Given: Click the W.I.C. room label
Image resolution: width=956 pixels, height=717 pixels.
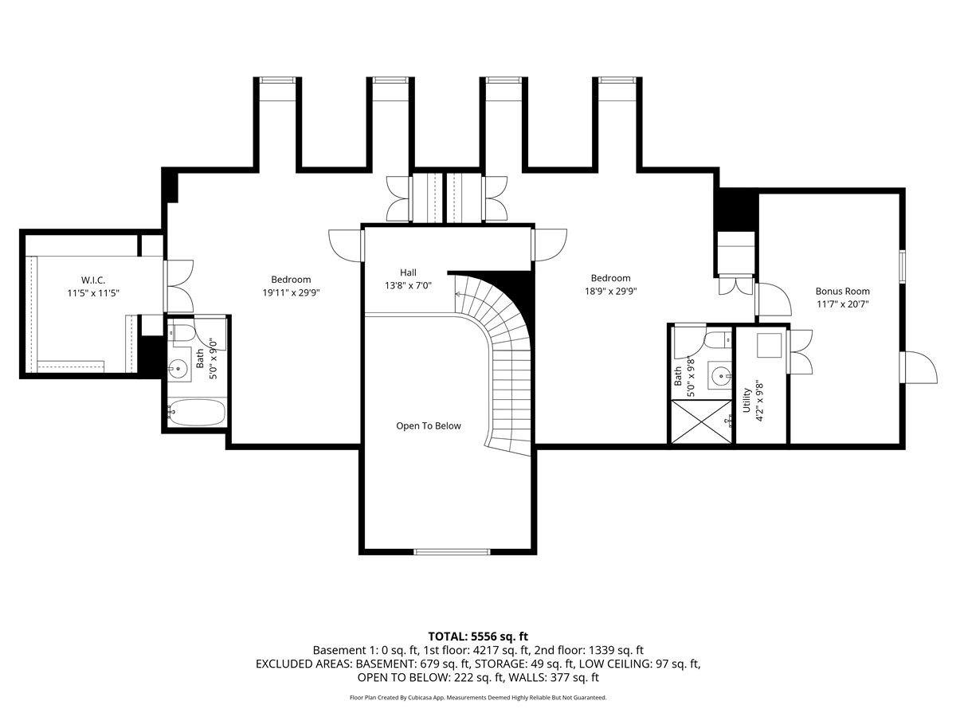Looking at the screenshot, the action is [92, 280].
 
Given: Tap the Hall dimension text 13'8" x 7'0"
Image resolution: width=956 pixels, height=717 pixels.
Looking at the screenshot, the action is [408, 286].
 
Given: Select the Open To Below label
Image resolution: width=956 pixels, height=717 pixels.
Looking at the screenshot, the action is [428, 425].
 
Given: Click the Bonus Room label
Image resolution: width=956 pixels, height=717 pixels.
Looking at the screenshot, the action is [842, 292].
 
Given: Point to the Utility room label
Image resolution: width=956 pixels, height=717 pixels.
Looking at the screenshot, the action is [746, 400].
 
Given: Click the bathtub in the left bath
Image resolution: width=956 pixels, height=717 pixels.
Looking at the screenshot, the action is [198, 412].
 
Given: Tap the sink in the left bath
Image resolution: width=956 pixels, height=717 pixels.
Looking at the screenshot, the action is [178, 369].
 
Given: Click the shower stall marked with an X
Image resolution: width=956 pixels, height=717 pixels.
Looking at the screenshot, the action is [701, 422].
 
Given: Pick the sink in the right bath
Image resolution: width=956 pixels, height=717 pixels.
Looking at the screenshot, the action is [720, 374].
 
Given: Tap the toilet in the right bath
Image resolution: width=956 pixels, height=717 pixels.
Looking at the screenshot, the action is [719, 339].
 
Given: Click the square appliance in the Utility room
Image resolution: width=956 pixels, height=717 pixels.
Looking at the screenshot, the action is [769, 346].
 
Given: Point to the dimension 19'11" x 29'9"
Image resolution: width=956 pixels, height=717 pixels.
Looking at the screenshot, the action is [291, 292].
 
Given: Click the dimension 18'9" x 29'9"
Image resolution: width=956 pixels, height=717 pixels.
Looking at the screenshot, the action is [610, 292].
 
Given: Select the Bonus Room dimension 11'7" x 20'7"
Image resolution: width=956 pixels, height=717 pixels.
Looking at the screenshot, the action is [842, 304].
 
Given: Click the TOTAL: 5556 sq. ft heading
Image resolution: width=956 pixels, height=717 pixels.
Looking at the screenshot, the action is [478, 637].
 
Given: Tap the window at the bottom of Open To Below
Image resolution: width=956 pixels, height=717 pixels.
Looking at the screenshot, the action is [452, 552].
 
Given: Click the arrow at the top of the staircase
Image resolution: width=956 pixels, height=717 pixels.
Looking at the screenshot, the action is [459, 294].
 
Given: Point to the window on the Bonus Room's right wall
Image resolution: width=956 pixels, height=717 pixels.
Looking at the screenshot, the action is [903, 266].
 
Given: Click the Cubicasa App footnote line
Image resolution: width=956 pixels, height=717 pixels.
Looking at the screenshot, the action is [478, 697].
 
